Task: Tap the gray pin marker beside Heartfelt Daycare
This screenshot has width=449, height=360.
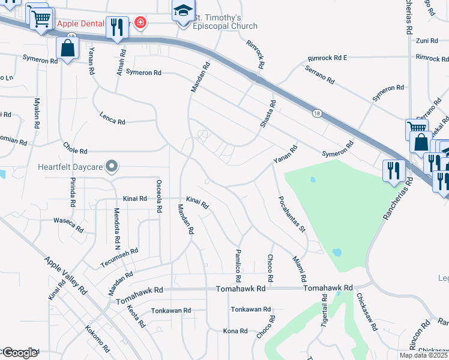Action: pyautogui.click(x=111, y=166)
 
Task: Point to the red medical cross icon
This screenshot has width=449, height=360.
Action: pyautogui.click(x=140, y=23)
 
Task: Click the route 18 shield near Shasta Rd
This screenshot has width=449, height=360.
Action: pyautogui.click(x=316, y=113)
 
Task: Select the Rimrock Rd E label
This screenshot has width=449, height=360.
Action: pyautogui.click(x=327, y=58)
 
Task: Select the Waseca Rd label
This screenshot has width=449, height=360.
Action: pyautogui.click(x=68, y=224)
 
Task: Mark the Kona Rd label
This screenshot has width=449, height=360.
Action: pyautogui.click(x=235, y=331)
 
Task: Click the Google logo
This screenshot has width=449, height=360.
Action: pyautogui.click(x=19, y=353)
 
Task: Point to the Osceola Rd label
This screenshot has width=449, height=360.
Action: pyautogui.click(x=159, y=196)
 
